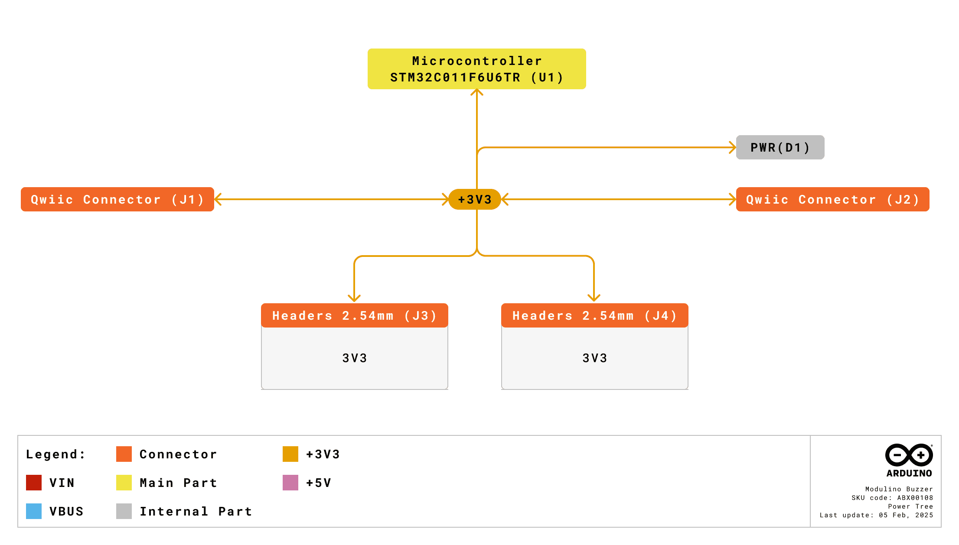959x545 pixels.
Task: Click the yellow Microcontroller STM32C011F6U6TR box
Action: click(x=476, y=69)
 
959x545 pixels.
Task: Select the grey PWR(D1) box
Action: click(x=780, y=147)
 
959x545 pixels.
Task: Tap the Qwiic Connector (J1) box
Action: click(x=117, y=199)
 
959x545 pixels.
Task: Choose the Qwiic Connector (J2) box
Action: click(x=832, y=199)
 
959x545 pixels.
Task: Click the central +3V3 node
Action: click(x=475, y=199)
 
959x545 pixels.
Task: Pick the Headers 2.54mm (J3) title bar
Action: click(x=354, y=315)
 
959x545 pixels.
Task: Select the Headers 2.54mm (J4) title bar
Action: click(x=594, y=315)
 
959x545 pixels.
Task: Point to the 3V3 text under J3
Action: click(x=354, y=358)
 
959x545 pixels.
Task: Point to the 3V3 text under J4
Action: click(x=594, y=358)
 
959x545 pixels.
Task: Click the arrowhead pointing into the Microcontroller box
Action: click(x=477, y=92)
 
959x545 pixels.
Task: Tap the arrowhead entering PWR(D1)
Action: click(x=733, y=147)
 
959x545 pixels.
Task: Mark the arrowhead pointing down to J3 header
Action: click(x=354, y=298)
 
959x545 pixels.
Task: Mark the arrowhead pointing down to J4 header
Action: click(x=594, y=298)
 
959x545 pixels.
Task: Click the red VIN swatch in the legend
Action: click(x=34, y=483)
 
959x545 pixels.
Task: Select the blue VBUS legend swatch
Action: click(x=34, y=511)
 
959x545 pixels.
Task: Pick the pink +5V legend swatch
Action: click(x=290, y=483)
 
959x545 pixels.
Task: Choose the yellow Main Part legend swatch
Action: click(x=124, y=483)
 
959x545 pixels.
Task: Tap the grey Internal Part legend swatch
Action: click(x=124, y=511)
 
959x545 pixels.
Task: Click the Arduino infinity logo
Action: click(x=909, y=455)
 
